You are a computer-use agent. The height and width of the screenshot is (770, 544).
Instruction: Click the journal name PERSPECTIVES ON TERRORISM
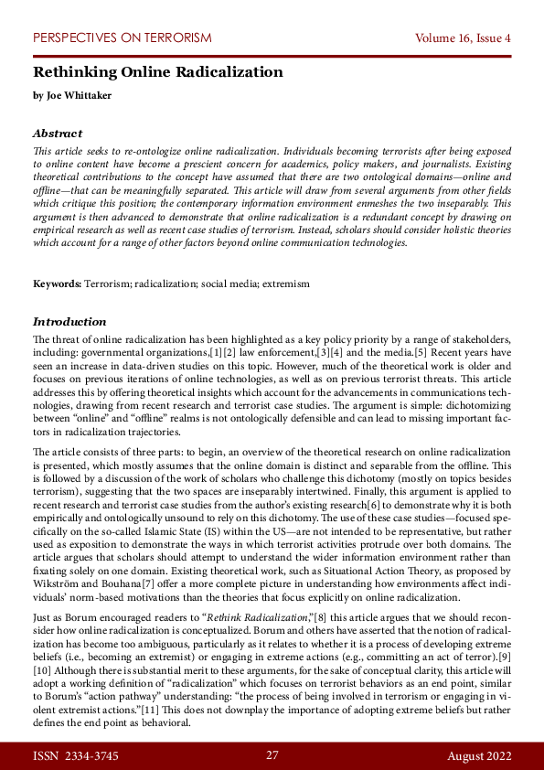point(122,38)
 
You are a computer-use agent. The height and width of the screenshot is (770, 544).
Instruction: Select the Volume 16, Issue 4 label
point(463,38)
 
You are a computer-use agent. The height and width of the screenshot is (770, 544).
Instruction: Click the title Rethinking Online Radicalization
point(158,72)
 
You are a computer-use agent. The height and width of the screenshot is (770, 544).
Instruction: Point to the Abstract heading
point(58,133)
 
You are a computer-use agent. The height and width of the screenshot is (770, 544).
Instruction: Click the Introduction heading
point(69,322)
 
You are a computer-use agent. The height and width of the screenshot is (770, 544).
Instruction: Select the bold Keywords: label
point(58,284)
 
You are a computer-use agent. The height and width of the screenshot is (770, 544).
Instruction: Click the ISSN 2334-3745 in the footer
point(77,755)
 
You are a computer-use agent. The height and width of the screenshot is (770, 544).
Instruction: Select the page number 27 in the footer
point(272,755)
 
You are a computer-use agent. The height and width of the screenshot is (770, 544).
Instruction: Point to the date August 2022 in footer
point(478,755)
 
